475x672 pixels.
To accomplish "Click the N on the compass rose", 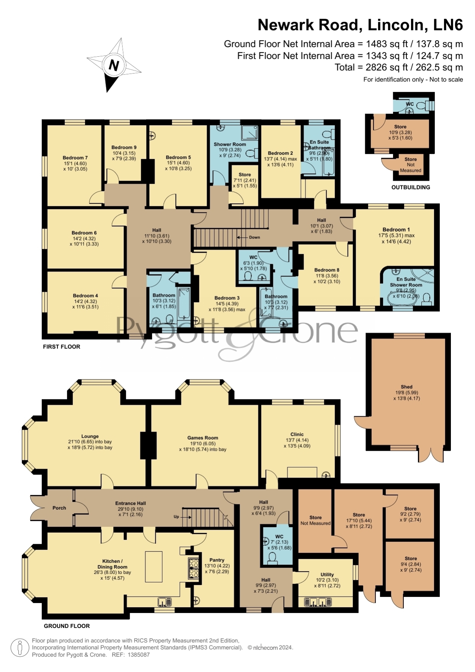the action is pos(114,65).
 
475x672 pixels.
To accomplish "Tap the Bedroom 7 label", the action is pos(75,158).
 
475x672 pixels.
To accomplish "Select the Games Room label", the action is pos(202,438).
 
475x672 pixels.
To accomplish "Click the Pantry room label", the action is pos(217,560).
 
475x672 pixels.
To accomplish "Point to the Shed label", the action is pos(406,387).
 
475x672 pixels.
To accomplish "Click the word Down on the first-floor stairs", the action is pos(254,237).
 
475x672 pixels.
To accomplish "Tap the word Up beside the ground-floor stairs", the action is pos(176,517).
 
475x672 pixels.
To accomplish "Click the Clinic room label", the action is pos(297,434).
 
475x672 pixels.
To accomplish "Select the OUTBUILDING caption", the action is pos(411,187).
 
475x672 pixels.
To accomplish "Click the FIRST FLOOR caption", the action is pos(62,347).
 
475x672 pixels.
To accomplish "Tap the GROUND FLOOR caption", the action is pos(67,626).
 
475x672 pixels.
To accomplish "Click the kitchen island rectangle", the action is pos(153,567).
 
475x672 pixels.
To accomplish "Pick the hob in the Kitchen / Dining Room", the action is pos(193,568).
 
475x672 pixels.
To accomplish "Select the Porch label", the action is pos(59,508).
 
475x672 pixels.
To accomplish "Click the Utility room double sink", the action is pos(318,602).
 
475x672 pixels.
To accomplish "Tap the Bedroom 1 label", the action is pos(396,230).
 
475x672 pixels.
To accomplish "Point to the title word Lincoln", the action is pos(397,25).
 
